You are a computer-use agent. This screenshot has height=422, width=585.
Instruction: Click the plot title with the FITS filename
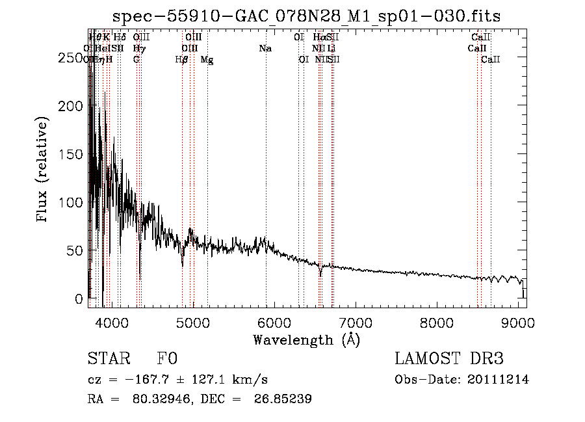[307, 16]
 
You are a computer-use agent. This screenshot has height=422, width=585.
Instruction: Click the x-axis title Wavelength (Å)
[307, 339]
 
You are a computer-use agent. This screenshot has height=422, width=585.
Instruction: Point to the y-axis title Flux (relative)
[43, 170]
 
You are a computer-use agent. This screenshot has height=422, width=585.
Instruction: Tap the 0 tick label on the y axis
[79, 298]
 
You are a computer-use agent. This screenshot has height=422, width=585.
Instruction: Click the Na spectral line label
[265, 48]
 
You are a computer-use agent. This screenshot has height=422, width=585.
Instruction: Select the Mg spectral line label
[207, 60]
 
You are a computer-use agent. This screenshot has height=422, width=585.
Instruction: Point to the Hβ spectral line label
[182, 60]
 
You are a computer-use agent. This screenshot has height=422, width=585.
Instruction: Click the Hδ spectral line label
[120, 37]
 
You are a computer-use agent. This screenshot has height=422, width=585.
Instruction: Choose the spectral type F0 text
[167, 359]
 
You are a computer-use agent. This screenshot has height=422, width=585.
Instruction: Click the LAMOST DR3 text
[449, 359]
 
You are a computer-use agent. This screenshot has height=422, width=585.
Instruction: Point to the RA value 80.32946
[163, 399]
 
